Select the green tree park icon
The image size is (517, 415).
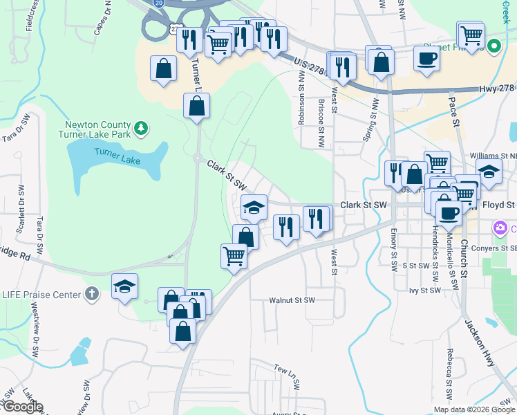point(141,128)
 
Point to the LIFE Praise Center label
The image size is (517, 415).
point(41,295)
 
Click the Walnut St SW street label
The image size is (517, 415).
point(292,300)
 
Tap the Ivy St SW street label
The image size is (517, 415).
point(424,290)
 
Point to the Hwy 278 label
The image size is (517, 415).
point(497,89)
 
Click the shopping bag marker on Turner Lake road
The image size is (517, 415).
point(196,106)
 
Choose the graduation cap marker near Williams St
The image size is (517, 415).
point(489,172)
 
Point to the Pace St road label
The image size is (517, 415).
point(454,111)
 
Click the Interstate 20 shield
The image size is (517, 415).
point(158,3)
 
